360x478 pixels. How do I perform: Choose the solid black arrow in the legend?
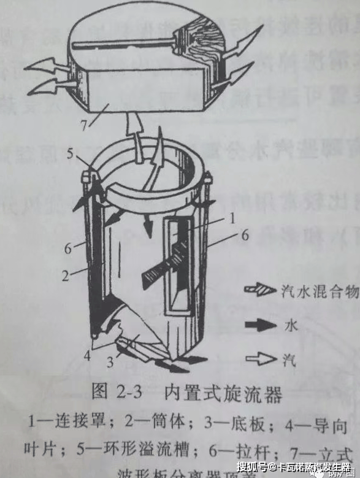260,326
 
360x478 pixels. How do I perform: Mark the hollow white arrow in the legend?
260,358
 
